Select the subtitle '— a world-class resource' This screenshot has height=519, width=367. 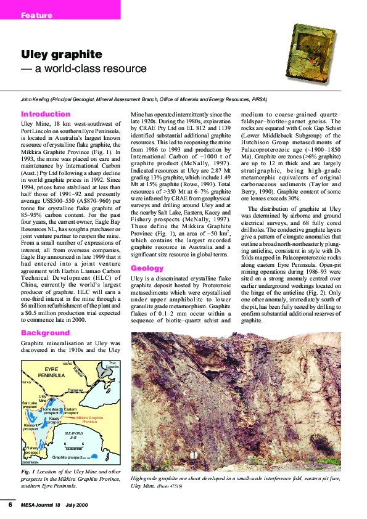84,69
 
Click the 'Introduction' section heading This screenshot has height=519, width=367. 46,114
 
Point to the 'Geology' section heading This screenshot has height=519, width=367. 146,268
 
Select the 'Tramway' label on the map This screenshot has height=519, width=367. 75,390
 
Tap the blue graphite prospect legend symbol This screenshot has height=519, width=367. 94,457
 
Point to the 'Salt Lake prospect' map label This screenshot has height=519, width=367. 30,404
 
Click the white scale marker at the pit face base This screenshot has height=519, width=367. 195,455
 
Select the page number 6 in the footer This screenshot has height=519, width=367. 10,504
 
